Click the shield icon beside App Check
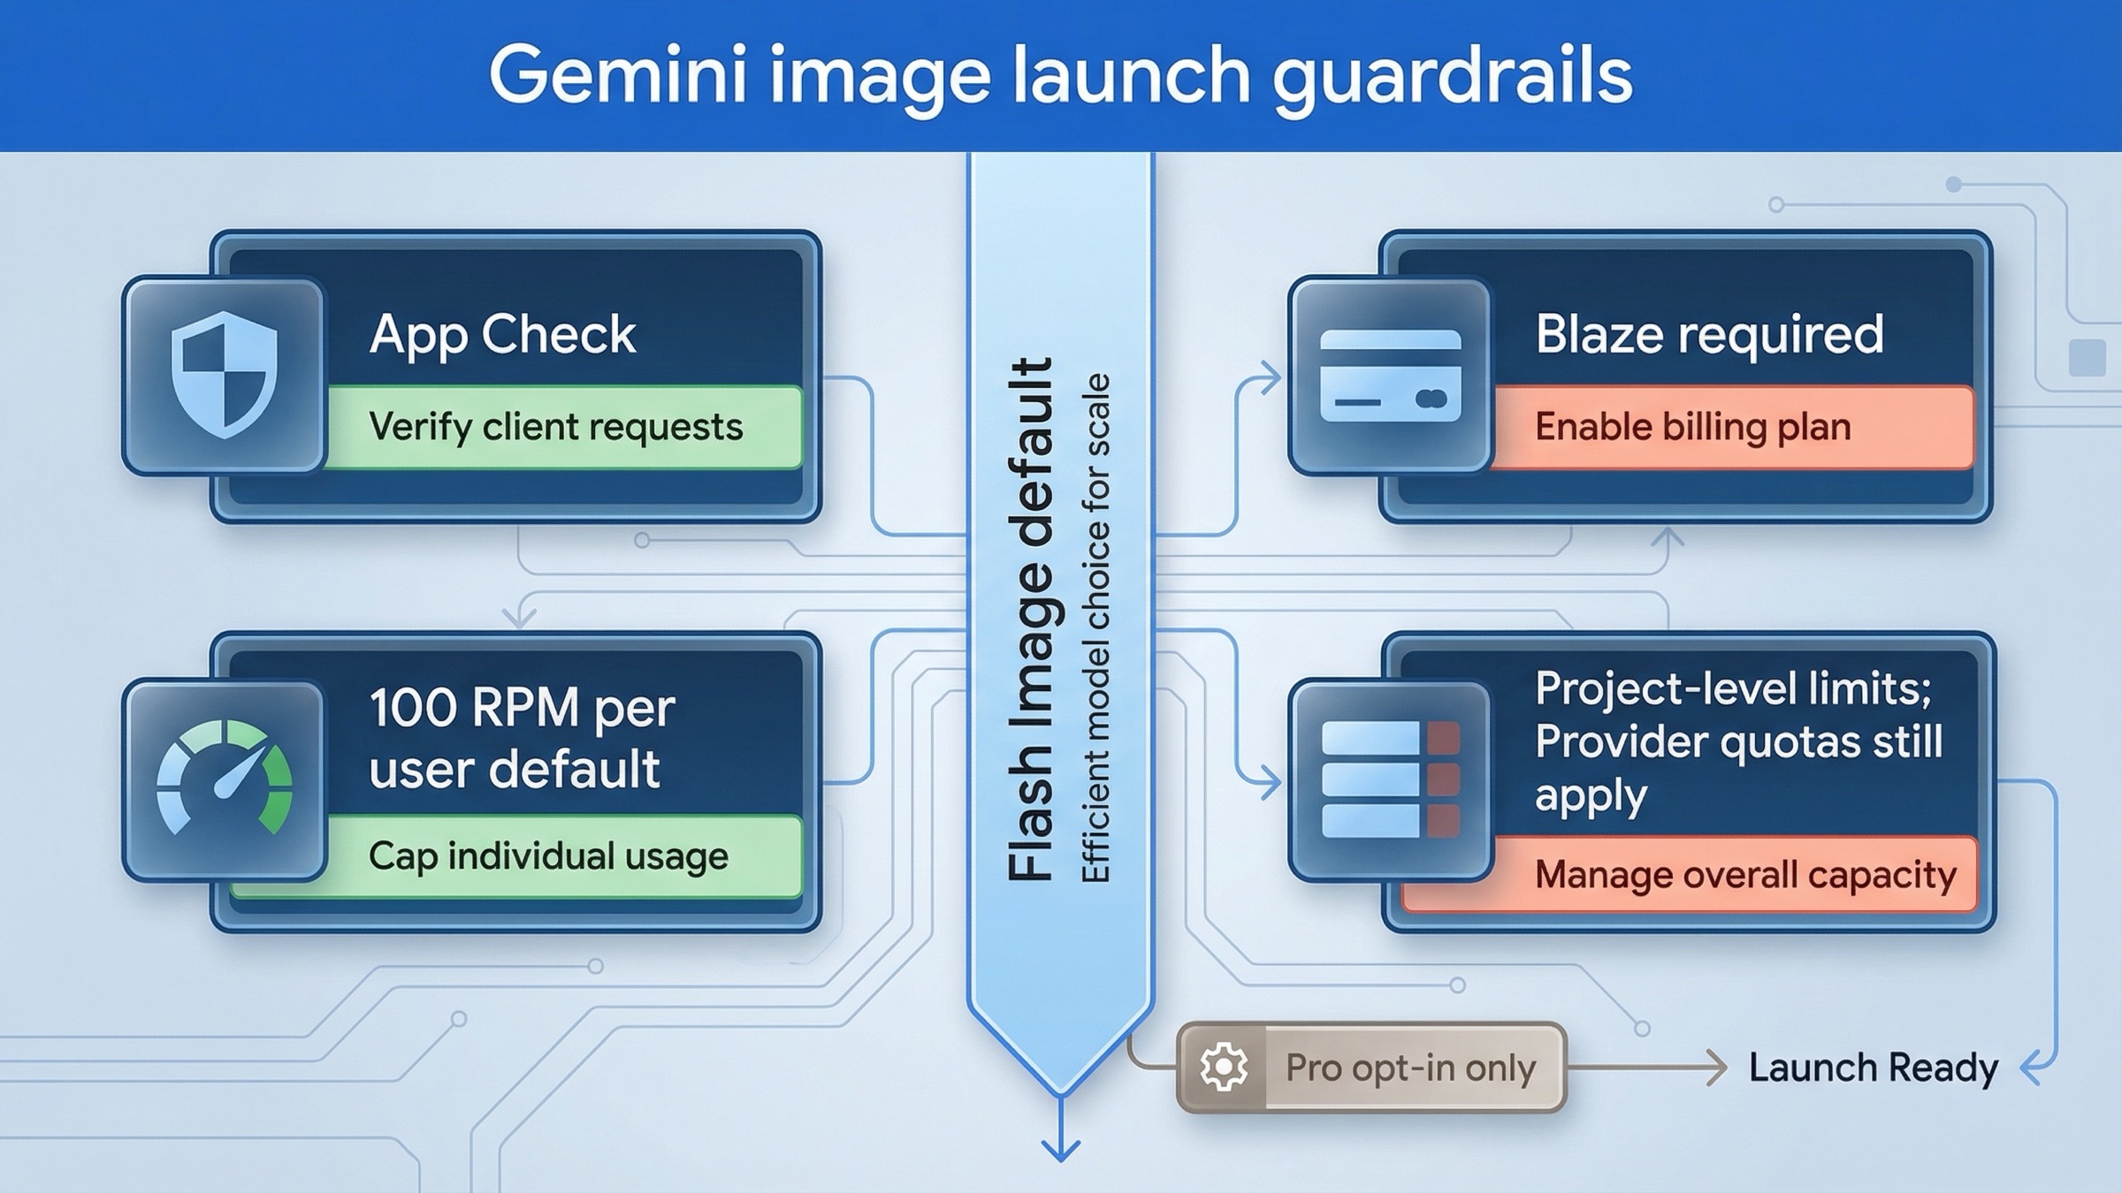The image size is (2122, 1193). pyautogui.click(x=224, y=375)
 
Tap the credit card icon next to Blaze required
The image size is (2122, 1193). pyautogui.click(x=1390, y=376)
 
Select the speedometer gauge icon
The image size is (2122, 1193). pyautogui.click(x=224, y=779)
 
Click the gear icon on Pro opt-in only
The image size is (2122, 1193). pyautogui.click(x=1224, y=1067)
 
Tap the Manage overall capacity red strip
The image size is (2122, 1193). pyautogui.click(x=1745, y=875)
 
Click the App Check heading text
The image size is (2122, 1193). pyautogui.click(x=502, y=335)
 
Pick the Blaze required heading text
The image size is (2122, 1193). pyautogui.click(x=1708, y=335)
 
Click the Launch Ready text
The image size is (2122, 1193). pyautogui.click(x=1873, y=1068)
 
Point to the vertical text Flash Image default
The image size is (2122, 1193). pyautogui.click(x=1031, y=619)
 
